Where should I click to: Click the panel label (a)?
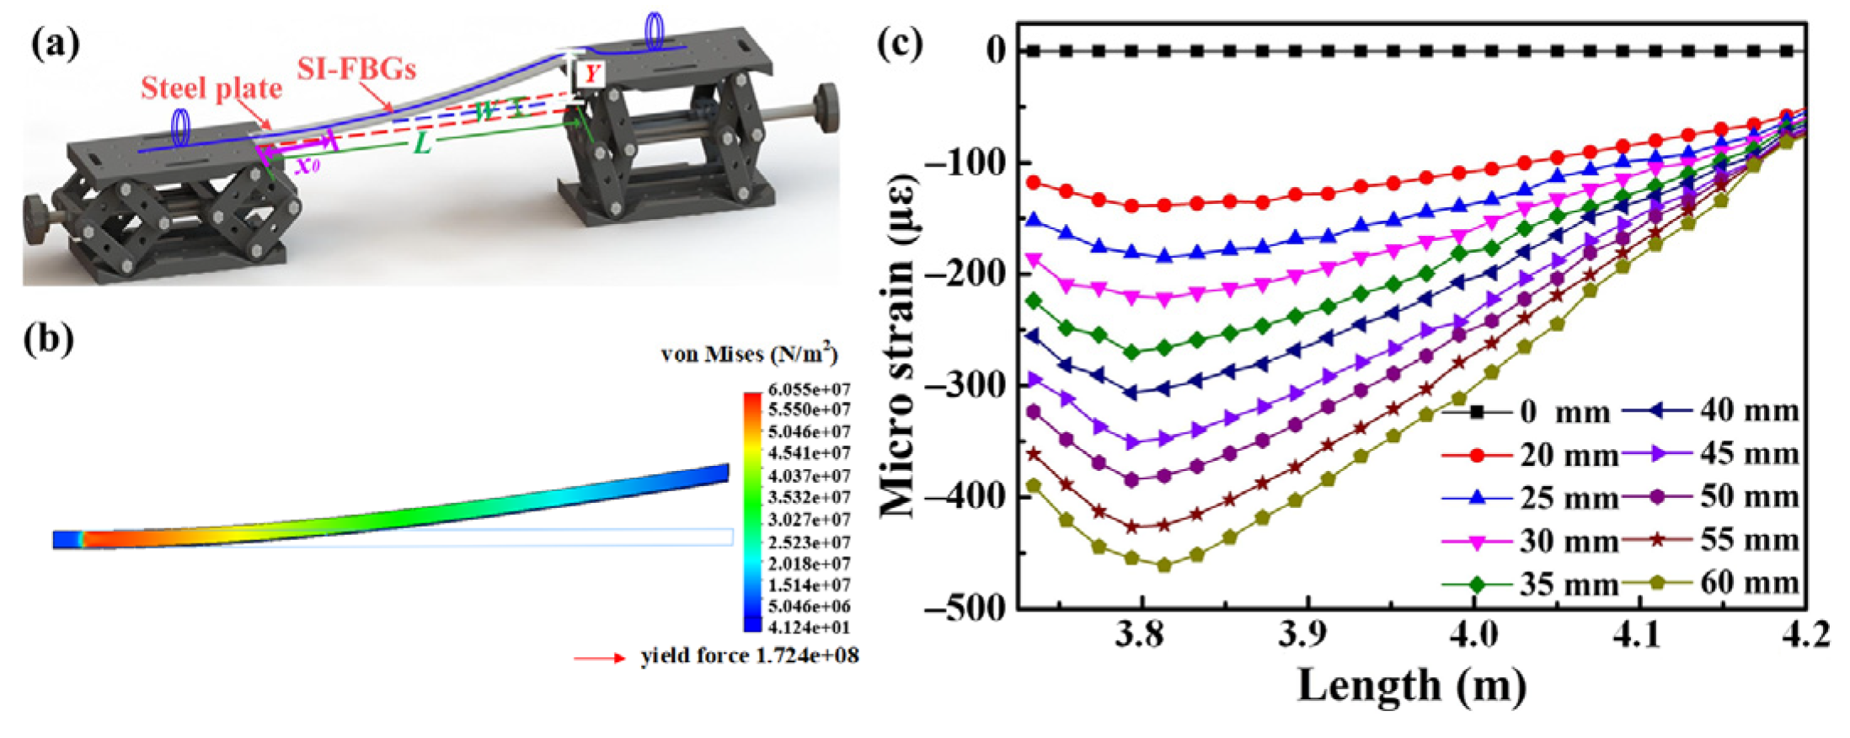point(56,44)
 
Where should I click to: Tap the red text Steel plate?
point(211,88)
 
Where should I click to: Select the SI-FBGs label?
point(356,68)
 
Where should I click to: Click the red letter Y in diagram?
point(591,74)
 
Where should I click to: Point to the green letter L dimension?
point(422,144)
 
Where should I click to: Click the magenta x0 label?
point(307,165)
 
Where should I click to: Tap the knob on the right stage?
point(827,107)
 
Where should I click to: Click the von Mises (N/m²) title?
point(749,354)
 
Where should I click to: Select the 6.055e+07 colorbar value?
point(808,389)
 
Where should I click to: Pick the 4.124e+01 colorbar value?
point(808,627)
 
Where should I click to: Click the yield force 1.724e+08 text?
point(749,655)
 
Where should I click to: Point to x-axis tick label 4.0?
point(1473,634)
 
